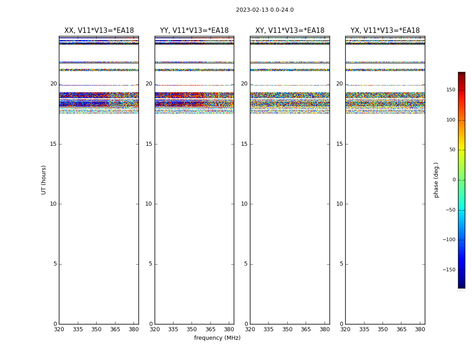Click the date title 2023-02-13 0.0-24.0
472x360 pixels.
(265, 10)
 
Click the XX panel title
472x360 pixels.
(99, 31)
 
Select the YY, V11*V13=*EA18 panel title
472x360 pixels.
(194, 31)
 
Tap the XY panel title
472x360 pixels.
(290, 31)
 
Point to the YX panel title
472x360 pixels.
(385, 31)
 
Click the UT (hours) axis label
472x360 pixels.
(44, 180)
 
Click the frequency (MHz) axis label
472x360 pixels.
(217, 338)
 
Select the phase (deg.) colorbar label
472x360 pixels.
(436, 180)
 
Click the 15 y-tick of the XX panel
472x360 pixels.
(53, 144)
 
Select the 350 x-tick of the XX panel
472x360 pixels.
(96, 329)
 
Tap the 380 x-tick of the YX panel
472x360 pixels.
(420, 329)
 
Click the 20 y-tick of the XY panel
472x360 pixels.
(244, 84)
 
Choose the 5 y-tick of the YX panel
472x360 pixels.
(342, 264)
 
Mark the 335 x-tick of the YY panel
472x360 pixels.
(173, 329)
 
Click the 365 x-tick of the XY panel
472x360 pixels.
(306, 329)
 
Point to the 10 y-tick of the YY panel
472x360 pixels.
(149, 204)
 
